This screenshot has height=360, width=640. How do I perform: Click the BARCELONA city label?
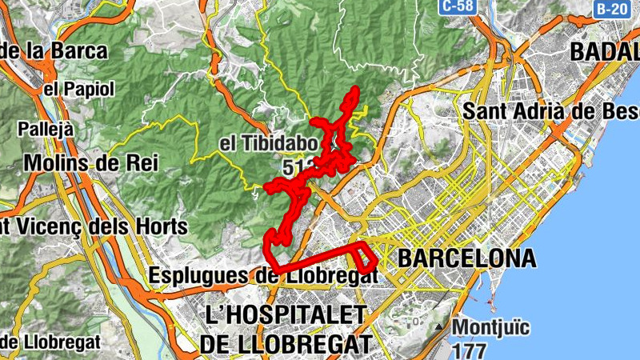tap(466, 259)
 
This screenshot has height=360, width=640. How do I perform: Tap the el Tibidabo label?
tap(268, 145)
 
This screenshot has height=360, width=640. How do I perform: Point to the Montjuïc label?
tap(492, 327)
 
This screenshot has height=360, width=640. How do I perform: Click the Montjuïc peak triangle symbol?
tap(438, 328)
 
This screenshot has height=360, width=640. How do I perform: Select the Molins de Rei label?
tap(91, 163)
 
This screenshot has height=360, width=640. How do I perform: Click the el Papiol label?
tap(80, 88)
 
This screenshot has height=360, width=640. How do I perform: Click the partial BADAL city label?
tap(605, 52)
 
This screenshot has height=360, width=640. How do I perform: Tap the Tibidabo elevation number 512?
tap(296, 168)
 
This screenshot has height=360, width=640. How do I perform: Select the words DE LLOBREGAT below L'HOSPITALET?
tap(286, 344)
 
